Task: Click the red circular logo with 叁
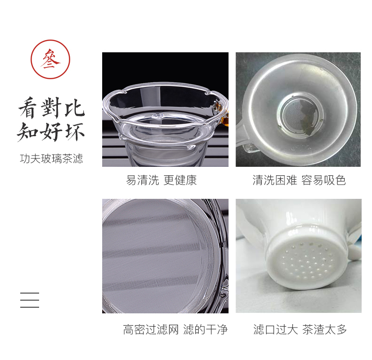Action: [50, 59]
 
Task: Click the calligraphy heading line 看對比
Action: [52, 108]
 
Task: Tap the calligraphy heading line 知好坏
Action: [51, 132]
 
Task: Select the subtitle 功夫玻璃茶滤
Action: [51, 159]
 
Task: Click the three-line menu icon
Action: [30, 300]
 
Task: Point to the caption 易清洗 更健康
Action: [162, 180]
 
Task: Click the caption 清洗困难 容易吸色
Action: [299, 180]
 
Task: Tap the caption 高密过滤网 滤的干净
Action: [175, 329]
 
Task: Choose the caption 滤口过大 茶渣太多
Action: [300, 329]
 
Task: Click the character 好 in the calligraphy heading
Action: [51, 132]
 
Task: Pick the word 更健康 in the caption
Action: [180, 180]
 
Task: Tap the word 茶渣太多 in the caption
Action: [325, 329]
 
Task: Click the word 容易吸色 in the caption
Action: [323, 180]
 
